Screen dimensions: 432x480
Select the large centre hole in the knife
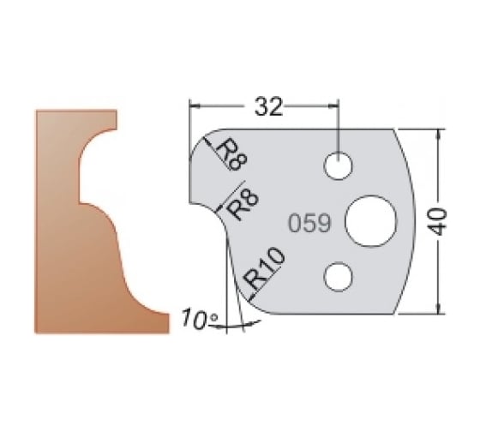click(370, 220)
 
